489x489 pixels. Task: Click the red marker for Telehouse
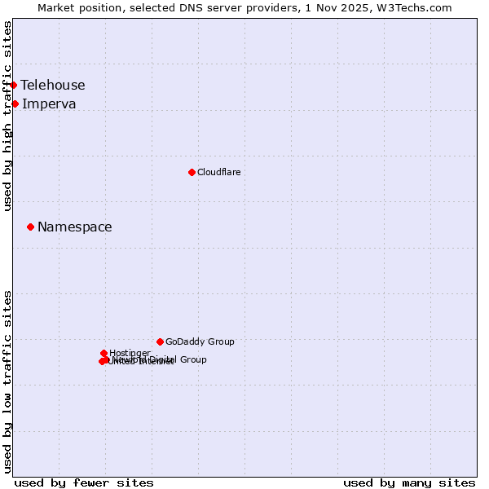coord(13,85)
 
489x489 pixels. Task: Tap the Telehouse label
coord(53,86)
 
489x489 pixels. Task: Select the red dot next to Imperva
coord(15,104)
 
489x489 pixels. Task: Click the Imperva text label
coord(49,104)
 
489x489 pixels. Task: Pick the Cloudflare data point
coord(192,172)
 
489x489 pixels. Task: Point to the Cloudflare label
coord(219,172)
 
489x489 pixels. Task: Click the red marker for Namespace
coord(30,227)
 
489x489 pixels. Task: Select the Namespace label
coord(75,227)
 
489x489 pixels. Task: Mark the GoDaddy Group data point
coord(160,341)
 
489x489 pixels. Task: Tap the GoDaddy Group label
coord(200,342)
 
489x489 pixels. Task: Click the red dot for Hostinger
coord(104,353)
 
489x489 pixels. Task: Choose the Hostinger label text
coord(130,353)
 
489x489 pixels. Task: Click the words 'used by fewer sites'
coord(84,482)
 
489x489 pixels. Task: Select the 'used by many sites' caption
coord(409,482)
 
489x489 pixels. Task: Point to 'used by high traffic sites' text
coord(7,117)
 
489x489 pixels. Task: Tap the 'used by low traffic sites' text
coord(7,381)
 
